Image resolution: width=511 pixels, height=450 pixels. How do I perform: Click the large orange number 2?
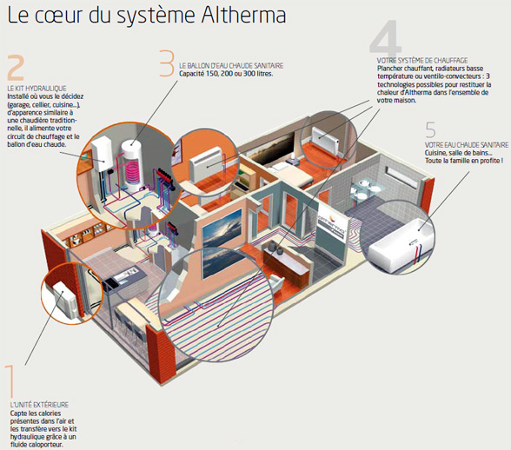point(16,68)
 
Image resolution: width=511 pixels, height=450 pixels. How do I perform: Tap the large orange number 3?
point(167,63)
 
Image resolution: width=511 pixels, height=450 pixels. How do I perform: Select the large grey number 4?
point(386,36)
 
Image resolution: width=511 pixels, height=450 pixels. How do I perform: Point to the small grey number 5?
point(430,129)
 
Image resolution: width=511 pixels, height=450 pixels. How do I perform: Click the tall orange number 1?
point(10,381)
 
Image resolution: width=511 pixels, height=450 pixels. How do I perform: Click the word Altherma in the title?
point(243,16)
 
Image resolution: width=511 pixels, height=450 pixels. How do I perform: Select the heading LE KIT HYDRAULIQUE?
point(36,89)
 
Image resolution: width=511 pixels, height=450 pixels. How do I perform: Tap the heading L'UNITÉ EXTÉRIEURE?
point(39,405)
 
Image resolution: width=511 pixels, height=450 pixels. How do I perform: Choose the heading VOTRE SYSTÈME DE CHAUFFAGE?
point(422,61)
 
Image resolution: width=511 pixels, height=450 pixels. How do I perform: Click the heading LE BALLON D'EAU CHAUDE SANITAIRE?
point(231,66)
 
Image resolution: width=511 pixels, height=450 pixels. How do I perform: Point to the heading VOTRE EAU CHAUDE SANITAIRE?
point(467,145)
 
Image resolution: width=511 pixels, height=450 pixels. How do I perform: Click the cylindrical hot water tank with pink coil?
point(133,167)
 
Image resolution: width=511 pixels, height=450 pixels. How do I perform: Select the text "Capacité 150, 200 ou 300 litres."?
point(226,74)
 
